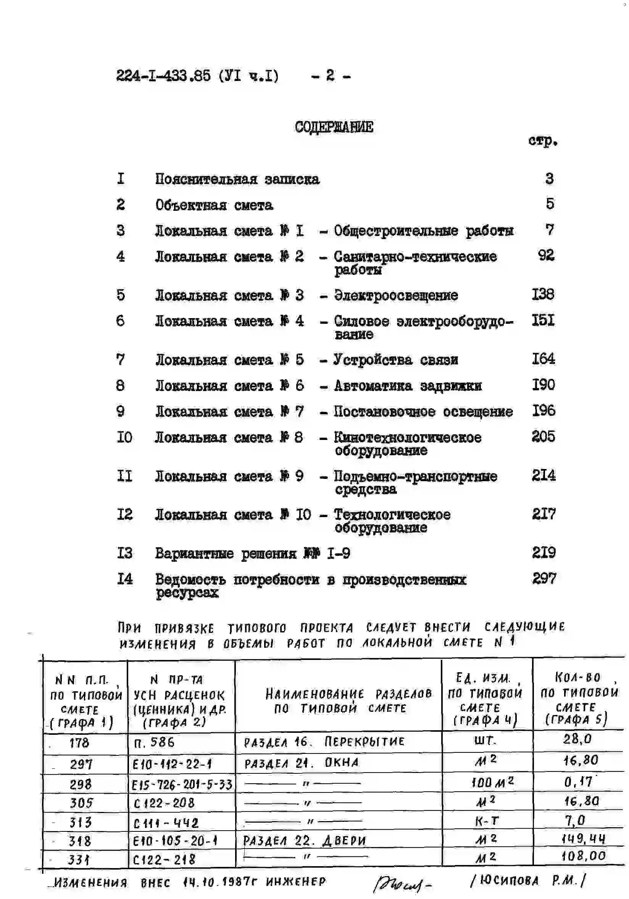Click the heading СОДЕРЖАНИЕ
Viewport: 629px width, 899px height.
334,127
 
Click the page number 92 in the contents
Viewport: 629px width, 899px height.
546,255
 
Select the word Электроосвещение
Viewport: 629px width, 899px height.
395,295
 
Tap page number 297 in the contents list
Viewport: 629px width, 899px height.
544,578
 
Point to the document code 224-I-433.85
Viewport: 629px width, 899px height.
163,75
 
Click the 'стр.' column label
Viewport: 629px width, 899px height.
542,141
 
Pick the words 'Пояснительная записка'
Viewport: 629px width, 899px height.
237,179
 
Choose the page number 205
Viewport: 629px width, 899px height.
543,437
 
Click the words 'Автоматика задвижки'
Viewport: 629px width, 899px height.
408,386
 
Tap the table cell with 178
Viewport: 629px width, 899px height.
79,743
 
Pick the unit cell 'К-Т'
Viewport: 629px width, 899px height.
487,821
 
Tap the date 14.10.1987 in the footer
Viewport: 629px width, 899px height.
217,882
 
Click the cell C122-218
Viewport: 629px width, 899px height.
164,859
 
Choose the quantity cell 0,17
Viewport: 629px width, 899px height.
578,782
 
